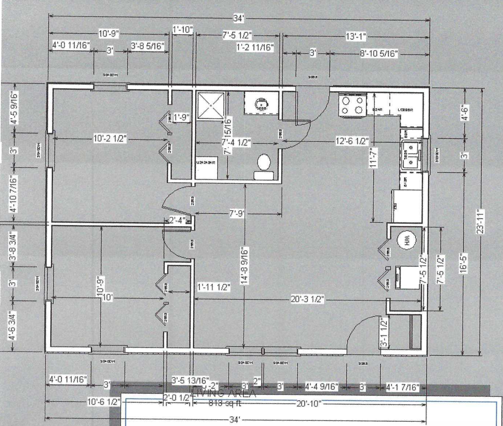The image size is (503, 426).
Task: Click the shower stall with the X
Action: click(x=211, y=105)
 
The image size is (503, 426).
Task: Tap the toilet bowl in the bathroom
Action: click(x=264, y=162)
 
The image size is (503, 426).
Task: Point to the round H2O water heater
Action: click(x=406, y=240)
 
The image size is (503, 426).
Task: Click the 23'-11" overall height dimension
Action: click(x=480, y=222)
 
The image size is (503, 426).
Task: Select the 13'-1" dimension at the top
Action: click(x=356, y=37)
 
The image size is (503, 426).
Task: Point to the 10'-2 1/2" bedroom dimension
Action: click(x=110, y=139)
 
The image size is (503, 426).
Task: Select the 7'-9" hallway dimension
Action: click(x=237, y=213)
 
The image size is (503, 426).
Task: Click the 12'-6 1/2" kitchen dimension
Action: click(x=352, y=141)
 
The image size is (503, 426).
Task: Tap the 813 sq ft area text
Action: click(x=225, y=403)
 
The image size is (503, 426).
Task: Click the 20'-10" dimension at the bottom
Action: click(x=309, y=403)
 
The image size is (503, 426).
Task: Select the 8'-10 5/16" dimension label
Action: click(x=379, y=53)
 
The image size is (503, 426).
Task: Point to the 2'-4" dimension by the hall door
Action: click(x=178, y=220)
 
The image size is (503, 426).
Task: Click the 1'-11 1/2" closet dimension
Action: click(x=214, y=287)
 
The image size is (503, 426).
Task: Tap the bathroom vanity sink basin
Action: click(x=261, y=104)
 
